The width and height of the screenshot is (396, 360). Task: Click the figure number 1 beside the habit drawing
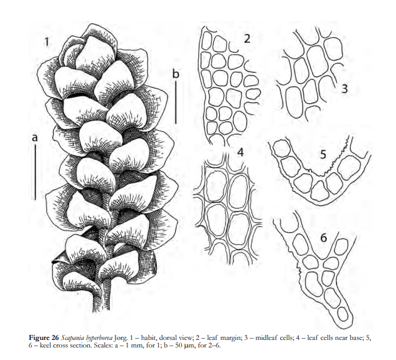(46, 41)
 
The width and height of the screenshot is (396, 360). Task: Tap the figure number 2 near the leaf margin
(247, 38)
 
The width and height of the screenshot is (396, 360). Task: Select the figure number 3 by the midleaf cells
(345, 89)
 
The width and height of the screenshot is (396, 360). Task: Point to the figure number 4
(240, 152)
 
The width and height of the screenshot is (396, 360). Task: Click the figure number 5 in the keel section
(323, 155)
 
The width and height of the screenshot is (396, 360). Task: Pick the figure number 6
(324, 238)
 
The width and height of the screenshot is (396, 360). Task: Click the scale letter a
(35, 138)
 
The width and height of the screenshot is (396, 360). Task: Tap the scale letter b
(176, 74)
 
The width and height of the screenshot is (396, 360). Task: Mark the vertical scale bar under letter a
(35, 172)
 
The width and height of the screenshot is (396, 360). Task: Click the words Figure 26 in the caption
(44, 338)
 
